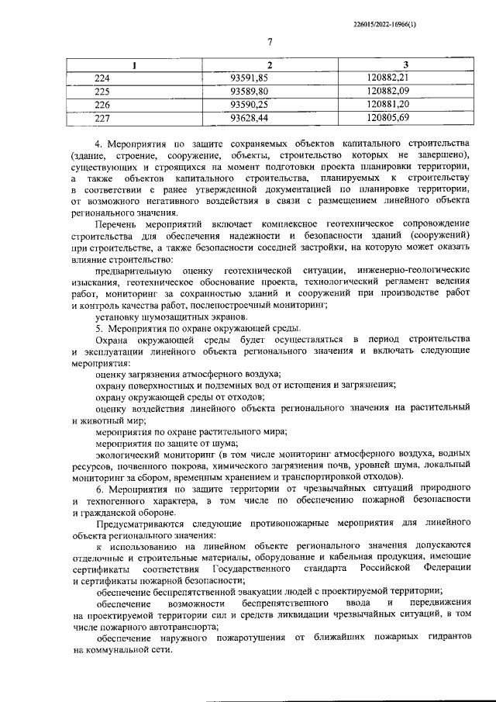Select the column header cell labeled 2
[269, 65]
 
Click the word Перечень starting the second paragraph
[115, 224]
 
